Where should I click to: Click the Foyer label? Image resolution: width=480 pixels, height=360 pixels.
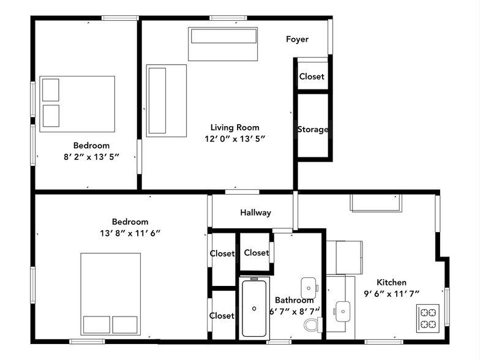297,39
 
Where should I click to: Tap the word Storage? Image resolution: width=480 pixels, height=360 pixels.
312,129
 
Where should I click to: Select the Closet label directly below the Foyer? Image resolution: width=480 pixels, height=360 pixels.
312,77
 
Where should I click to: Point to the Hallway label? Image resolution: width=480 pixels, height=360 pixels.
255,212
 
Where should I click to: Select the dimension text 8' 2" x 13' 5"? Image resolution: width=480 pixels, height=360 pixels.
91,156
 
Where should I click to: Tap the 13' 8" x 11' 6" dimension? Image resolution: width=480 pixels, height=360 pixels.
130,233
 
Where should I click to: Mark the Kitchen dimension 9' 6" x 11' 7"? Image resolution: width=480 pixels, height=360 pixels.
391,293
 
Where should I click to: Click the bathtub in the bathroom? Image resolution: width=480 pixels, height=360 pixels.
255,308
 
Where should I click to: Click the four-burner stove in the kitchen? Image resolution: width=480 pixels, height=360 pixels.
427,317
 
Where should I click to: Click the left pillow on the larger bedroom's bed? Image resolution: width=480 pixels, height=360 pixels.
96,324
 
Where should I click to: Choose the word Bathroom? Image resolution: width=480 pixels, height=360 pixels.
294,300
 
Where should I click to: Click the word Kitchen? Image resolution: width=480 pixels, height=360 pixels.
391,282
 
